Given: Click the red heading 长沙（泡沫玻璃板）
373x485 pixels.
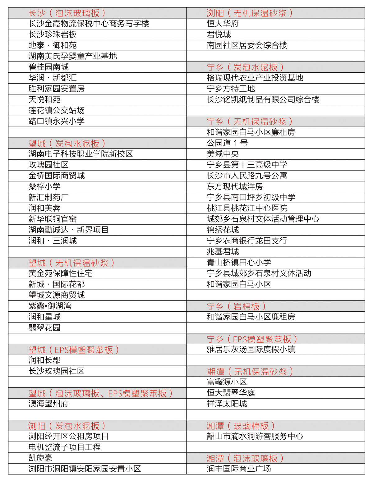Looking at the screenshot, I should point(67,13).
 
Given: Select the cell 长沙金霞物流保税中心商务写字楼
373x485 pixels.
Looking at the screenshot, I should point(89,24).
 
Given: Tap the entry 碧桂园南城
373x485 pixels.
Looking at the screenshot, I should point(48,67).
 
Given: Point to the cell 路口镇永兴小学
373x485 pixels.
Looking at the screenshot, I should point(57,121).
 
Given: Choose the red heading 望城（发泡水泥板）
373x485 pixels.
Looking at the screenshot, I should point(67,144).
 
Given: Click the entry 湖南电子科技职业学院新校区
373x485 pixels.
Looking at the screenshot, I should point(81,154).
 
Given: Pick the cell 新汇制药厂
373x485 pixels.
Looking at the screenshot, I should point(48,197).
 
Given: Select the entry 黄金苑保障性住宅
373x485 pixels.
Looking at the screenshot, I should point(61,273).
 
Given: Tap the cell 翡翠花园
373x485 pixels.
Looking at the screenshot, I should point(44,327).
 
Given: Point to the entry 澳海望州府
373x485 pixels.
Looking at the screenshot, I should point(48,404).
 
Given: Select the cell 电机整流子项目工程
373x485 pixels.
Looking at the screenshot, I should point(65,447).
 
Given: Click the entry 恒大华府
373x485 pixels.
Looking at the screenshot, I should point(223,24).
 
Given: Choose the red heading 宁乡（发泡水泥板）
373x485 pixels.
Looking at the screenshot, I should point(245,67).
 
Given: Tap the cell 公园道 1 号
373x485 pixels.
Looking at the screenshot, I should point(227,143).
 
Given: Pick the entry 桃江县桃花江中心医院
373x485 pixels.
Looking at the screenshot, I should point(247,208).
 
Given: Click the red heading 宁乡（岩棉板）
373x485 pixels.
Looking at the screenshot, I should point(236,306).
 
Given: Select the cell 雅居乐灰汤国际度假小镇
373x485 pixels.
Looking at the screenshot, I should point(251,349).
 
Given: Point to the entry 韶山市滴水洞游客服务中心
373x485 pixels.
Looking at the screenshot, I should point(255,436).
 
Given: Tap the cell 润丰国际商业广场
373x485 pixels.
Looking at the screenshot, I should point(239,469).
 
